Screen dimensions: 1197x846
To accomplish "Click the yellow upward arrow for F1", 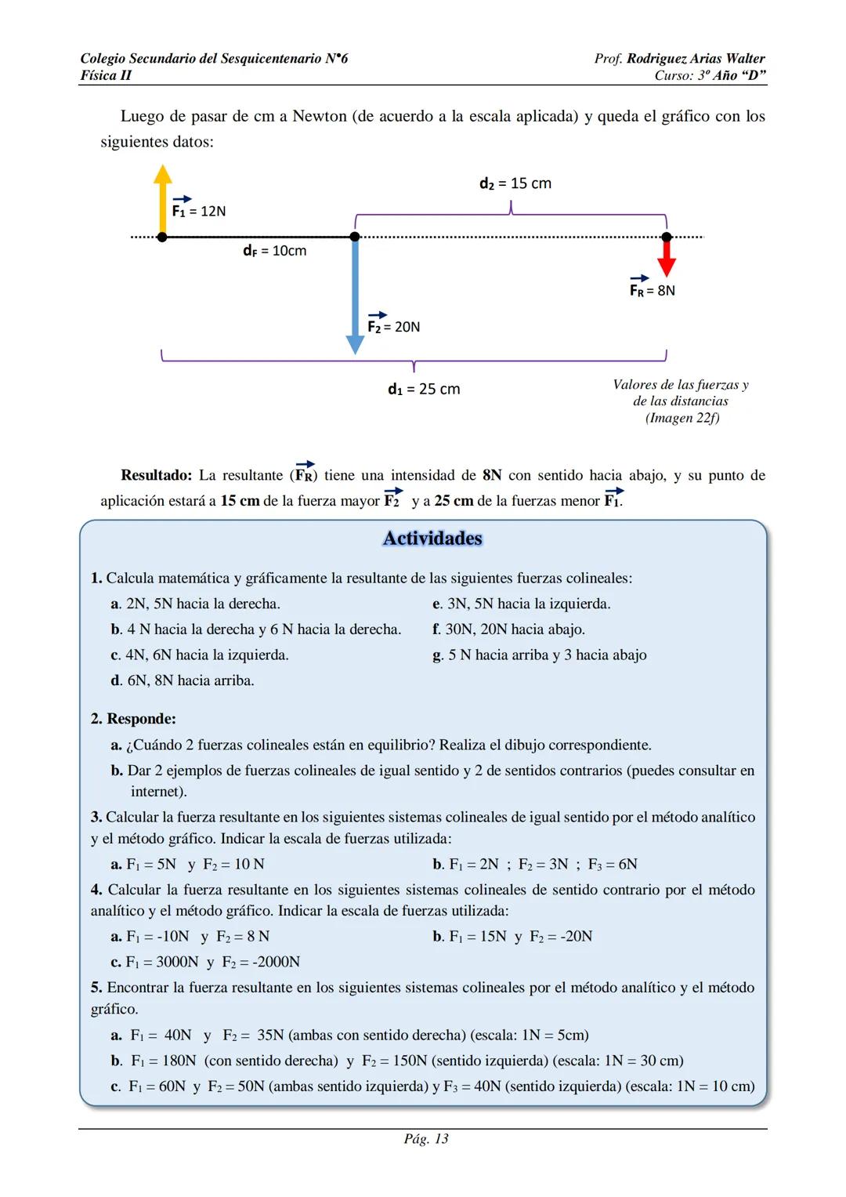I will click(x=162, y=199).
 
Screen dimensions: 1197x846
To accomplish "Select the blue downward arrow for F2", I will click(x=355, y=294).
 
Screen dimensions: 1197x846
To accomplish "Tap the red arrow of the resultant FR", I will click(x=667, y=256).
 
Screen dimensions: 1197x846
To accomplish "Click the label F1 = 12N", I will click(x=199, y=210).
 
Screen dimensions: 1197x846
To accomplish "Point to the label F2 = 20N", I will click(x=394, y=325).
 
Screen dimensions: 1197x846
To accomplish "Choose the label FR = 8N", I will click(x=653, y=289).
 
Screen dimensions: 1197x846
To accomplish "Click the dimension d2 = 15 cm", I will click(x=515, y=183).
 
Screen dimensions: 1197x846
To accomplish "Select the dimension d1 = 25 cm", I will click(x=424, y=389).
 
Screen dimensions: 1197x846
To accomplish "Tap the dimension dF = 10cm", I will click(x=274, y=251).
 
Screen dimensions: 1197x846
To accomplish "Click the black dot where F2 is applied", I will click(x=355, y=237).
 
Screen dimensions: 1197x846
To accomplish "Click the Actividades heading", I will click(x=432, y=539).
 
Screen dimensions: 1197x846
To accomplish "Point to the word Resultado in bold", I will click(x=156, y=475).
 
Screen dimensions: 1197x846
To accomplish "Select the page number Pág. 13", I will click(x=426, y=1139).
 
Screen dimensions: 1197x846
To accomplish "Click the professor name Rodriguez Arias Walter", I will click(x=696, y=59).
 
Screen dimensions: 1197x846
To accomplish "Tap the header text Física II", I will click(x=106, y=75).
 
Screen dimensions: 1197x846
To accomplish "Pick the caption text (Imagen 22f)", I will click(x=681, y=418).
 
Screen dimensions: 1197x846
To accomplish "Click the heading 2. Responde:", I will click(x=133, y=719).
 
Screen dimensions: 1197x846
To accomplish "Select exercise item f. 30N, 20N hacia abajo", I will click(x=508, y=629).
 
